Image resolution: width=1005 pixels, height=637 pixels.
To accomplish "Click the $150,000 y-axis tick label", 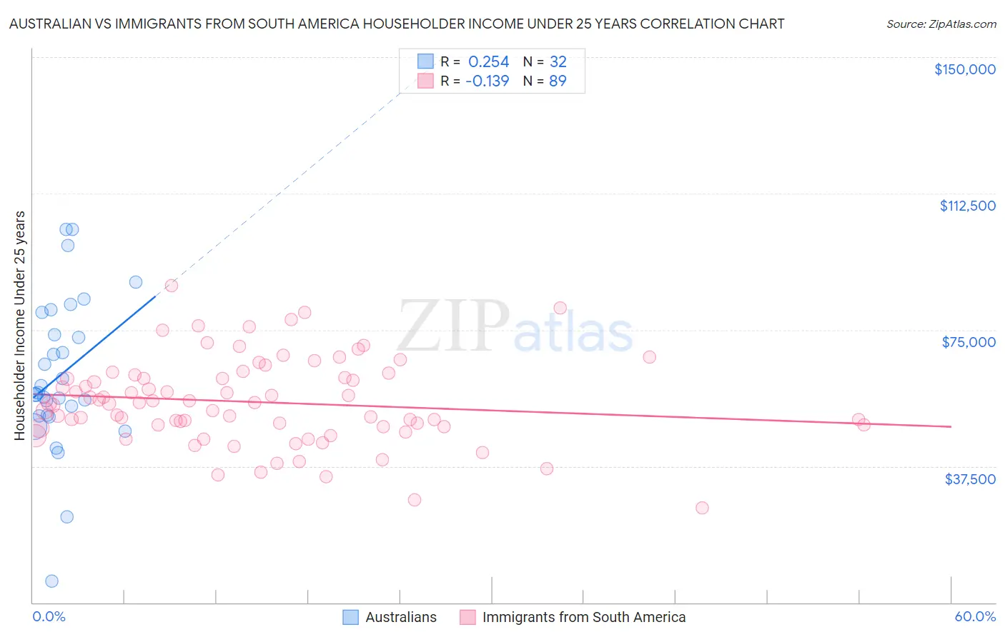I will pyautogui.click(x=964, y=69).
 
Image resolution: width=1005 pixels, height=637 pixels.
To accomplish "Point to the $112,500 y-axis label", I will pyautogui.click(x=967, y=206).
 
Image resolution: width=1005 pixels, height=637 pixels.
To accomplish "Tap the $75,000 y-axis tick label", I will pyautogui.click(x=969, y=342).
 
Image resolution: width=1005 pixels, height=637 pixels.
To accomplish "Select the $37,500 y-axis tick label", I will pyautogui.click(x=970, y=479).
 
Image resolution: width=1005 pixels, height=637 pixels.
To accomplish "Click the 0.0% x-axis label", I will pyautogui.click(x=49, y=616).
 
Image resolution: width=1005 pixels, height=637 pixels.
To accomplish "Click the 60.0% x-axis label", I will pyautogui.click(x=974, y=616).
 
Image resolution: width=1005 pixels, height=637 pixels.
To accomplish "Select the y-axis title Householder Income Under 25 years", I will pyautogui.click(x=20, y=325).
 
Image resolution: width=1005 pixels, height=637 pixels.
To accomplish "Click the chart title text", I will pyautogui.click(x=397, y=24).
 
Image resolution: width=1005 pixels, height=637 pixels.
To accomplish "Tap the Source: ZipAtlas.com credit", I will pyautogui.click(x=941, y=24).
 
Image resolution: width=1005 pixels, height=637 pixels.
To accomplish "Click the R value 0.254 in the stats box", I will pyautogui.click(x=488, y=62).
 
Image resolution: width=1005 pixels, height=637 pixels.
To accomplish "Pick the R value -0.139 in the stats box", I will pyautogui.click(x=487, y=81).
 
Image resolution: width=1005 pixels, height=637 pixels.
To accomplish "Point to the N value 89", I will pyautogui.click(x=558, y=81).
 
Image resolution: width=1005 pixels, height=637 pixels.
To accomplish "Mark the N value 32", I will pyautogui.click(x=558, y=62).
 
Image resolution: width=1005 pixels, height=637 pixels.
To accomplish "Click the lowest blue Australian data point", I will pyautogui.click(x=51, y=581).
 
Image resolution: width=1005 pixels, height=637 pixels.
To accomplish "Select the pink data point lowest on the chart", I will pyautogui.click(x=702, y=508).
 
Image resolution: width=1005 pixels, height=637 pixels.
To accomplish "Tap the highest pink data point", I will pyautogui.click(x=172, y=286).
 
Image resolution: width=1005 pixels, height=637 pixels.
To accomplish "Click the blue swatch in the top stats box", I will pyautogui.click(x=425, y=61).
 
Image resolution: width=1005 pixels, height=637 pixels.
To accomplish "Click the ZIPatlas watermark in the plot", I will pyautogui.click(x=515, y=326).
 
